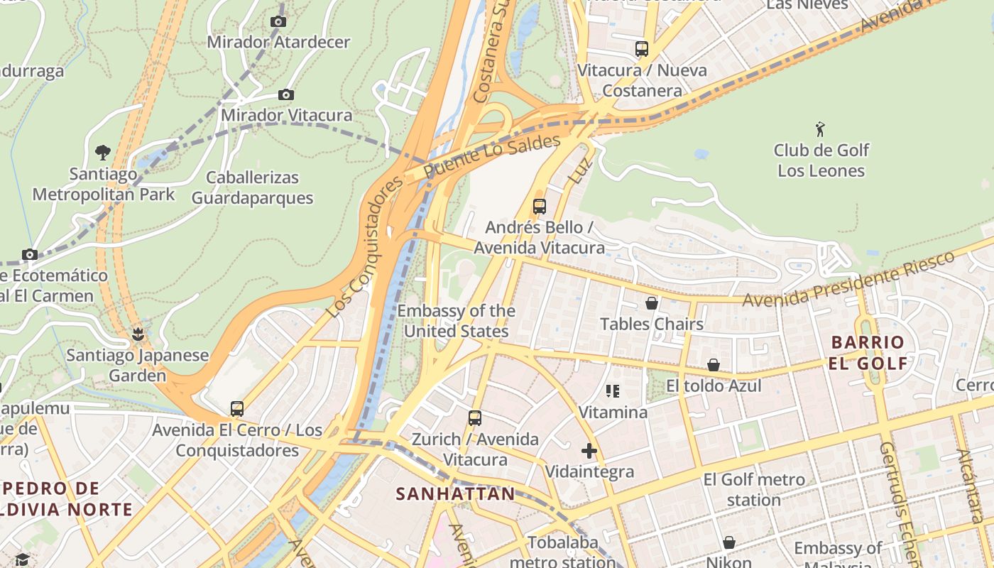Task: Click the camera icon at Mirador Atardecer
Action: tap(278, 22)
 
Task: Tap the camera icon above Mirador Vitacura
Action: tap(286, 95)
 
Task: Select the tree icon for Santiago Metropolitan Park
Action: tap(103, 152)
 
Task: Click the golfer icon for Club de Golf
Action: tap(821, 129)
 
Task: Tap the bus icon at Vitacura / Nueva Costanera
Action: tap(642, 49)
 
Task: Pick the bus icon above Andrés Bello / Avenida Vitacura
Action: tap(540, 207)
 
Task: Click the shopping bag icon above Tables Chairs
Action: tap(652, 303)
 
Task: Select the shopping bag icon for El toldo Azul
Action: tap(714, 365)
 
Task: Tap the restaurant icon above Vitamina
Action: tap(613, 391)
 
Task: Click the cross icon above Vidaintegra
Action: tap(589, 451)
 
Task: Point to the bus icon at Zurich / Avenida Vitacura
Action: tap(475, 418)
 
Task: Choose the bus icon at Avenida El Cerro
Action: tap(237, 409)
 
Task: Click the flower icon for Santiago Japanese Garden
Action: tap(138, 334)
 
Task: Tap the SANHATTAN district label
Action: tap(455, 494)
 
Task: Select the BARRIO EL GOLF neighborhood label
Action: tap(868, 353)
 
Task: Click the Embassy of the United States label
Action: tap(456, 321)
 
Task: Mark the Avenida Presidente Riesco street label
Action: tap(848, 279)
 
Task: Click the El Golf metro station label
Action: tap(754, 490)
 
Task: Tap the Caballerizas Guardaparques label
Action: tap(252, 187)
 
